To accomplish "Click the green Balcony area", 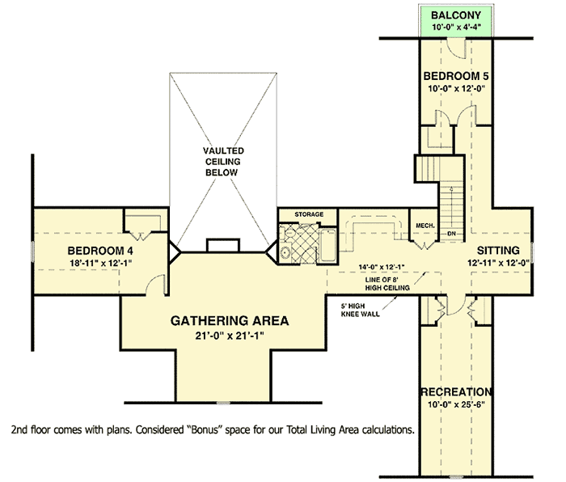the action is [456, 20].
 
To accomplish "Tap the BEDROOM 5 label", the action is [456, 76].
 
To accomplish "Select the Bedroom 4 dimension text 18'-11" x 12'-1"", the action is [100, 263].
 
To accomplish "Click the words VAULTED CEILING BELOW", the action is [222, 162].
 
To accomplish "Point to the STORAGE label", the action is [309, 214].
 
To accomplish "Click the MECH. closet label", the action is [425, 226].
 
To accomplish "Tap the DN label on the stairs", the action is [451, 234].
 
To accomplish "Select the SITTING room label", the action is [498, 250].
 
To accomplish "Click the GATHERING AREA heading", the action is [230, 320].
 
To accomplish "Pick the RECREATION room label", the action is [456, 391].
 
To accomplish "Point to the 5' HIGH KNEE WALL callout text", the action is [361, 310].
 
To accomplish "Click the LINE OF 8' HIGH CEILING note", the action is [387, 284].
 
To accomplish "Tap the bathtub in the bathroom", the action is [327, 245].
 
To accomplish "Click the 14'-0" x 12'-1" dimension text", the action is [382, 267].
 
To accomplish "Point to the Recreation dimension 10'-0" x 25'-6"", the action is [456, 404].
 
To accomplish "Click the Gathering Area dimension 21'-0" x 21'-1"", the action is [230, 336].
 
